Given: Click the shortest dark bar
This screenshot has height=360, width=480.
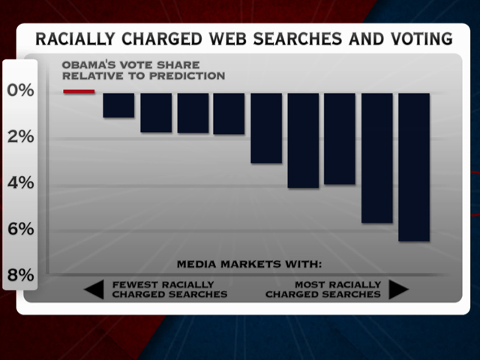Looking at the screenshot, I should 118,105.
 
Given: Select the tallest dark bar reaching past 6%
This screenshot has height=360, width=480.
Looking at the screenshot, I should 414,166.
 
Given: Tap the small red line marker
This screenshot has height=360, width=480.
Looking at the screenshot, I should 79,91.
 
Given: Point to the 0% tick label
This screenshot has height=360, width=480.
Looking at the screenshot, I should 20,91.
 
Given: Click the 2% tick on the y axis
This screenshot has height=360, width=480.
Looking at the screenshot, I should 20,136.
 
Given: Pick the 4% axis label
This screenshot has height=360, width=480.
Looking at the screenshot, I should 20,183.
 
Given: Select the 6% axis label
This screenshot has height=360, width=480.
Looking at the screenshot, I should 20,229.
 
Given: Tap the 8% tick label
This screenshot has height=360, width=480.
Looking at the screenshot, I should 20,275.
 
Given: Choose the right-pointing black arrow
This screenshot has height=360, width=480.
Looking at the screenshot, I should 399,289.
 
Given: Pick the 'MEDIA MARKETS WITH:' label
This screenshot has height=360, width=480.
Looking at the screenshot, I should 249,264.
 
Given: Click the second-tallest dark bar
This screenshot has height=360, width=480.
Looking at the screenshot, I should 377,157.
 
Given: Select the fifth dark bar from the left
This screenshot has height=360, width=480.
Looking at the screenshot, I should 266,127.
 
